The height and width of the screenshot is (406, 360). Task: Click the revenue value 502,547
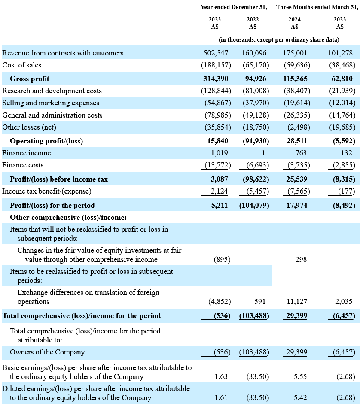(x=216, y=53)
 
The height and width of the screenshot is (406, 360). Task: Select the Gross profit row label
(x=30, y=79)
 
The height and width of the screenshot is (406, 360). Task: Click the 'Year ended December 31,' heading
(x=234, y=7)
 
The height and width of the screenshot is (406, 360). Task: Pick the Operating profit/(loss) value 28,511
(x=295, y=141)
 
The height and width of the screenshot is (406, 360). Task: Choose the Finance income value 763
(x=301, y=153)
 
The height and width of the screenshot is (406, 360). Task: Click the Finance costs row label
(x=23, y=165)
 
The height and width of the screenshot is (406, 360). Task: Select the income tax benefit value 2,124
(x=219, y=191)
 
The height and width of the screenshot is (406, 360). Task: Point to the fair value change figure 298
(x=301, y=259)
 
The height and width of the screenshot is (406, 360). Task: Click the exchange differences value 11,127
(x=297, y=301)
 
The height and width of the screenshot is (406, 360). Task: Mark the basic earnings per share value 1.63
(x=221, y=376)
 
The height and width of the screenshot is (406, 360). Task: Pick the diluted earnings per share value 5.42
(x=300, y=397)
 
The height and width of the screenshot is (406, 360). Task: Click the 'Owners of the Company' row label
(x=47, y=352)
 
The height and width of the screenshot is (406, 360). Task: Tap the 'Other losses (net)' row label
(x=29, y=127)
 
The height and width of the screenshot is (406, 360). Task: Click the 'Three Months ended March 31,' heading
(x=317, y=7)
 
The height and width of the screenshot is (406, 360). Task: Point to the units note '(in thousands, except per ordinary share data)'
(x=279, y=39)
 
